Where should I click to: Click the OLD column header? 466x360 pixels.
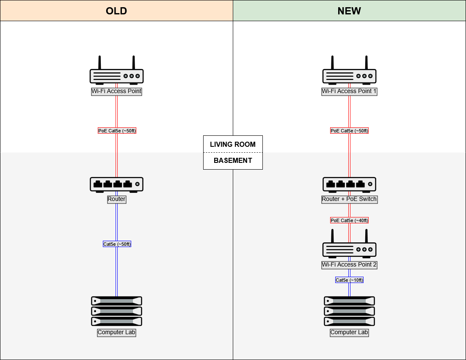coord(116,11)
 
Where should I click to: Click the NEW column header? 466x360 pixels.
coord(349,11)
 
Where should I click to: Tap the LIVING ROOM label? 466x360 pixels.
coord(233,144)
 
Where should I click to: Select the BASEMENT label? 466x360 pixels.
coord(233,161)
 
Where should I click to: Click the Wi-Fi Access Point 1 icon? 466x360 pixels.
coord(349,72)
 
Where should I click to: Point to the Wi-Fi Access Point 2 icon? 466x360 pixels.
coord(349,245)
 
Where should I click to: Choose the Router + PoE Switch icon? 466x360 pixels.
coord(349,184)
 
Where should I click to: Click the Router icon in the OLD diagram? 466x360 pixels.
coord(116,184)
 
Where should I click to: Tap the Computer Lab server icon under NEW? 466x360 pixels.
coord(349,311)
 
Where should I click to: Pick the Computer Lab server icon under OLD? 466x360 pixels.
coord(116,311)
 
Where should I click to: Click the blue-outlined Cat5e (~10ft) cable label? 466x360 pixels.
coord(349,280)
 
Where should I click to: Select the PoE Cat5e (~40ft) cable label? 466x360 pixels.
coord(349,220)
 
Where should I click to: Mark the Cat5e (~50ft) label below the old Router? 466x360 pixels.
coord(117,244)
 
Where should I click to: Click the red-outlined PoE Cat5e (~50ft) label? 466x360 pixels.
coord(349,131)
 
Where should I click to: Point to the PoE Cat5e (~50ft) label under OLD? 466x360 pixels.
coord(117,131)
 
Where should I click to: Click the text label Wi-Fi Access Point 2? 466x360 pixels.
coord(349,265)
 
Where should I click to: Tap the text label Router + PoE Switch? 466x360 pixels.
coord(349,199)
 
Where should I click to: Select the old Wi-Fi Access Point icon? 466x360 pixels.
coord(116,72)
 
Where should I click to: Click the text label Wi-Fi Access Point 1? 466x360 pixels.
coord(349,91)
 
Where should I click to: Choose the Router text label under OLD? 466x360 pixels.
coord(116,199)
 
